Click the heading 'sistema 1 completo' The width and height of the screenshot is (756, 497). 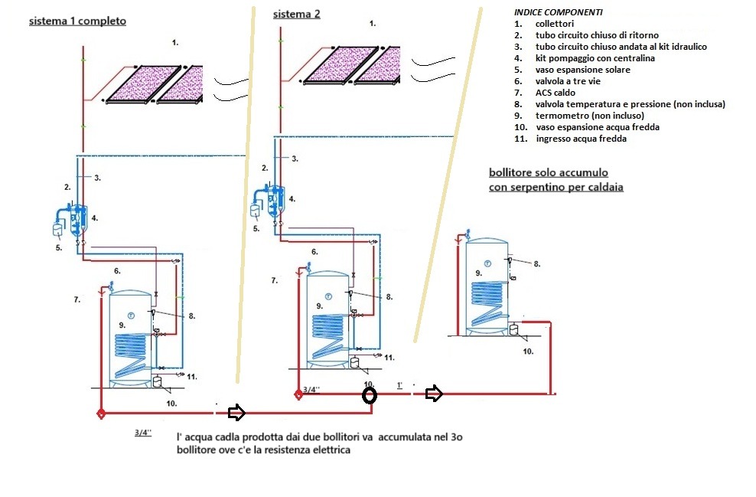77,21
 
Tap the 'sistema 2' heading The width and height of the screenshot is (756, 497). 297,14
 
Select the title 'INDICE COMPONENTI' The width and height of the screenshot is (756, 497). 558,12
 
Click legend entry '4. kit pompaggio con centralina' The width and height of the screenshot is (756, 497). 595,57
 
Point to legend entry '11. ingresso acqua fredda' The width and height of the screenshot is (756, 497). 581,139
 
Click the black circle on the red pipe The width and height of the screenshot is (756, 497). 370,395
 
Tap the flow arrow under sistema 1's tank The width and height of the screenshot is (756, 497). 236,413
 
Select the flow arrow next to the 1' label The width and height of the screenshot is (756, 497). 434,394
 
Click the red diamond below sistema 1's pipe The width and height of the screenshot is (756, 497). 100,414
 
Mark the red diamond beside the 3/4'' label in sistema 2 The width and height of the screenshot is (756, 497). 298,395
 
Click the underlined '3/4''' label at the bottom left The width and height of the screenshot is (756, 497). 143,432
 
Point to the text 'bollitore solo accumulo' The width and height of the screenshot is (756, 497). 549,173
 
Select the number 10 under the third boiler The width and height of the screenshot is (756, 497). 528,351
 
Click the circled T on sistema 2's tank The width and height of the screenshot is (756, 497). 327,296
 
